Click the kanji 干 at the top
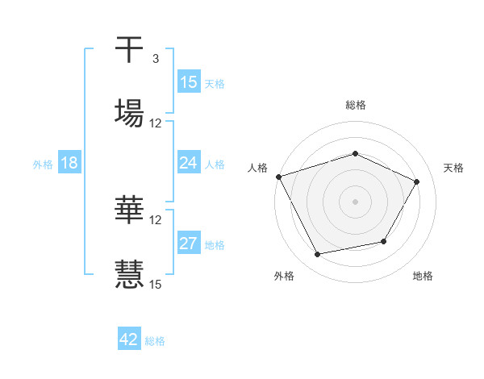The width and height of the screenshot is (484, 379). pyautogui.click(x=130, y=50)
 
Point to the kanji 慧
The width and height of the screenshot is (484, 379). pyautogui.click(x=130, y=273)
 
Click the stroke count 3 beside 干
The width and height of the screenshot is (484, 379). pyautogui.click(x=155, y=59)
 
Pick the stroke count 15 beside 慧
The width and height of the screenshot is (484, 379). pyautogui.click(x=156, y=283)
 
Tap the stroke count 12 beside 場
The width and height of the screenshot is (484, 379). pyautogui.click(x=156, y=123)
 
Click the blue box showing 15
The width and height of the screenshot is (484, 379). pyautogui.click(x=189, y=82)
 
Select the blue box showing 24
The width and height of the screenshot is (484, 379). pyautogui.click(x=189, y=163)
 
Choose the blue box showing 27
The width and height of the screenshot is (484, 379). pyautogui.click(x=189, y=244)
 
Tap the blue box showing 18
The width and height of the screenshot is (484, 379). pyautogui.click(x=69, y=163)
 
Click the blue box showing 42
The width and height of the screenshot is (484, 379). pyautogui.click(x=129, y=339)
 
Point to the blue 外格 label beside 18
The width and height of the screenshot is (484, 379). pyautogui.click(x=43, y=164)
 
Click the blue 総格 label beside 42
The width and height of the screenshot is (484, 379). pyautogui.click(x=155, y=340)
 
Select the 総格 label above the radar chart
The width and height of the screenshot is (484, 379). pyautogui.click(x=356, y=105)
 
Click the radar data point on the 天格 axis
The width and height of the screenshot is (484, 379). pyautogui.click(x=417, y=181)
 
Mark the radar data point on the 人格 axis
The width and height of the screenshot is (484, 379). pyautogui.click(x=279, y=177)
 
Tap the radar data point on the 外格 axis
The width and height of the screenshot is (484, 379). pyautogui.click(x=318, y=255)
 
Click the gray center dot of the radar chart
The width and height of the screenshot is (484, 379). pyautogui.click(x=356, y=201)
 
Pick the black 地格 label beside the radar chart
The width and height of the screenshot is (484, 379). pyautogui.click(x=423, y=276)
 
